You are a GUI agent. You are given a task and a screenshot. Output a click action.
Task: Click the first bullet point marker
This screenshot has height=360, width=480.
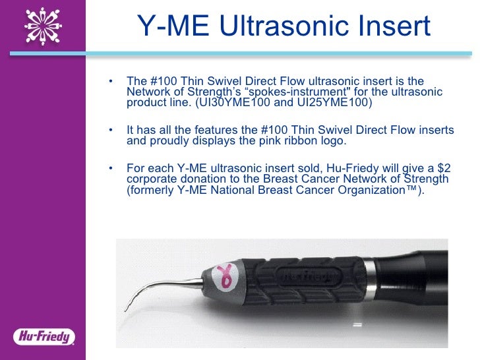(110, 81)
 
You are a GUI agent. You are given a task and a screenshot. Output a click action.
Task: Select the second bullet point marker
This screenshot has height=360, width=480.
(110, 130)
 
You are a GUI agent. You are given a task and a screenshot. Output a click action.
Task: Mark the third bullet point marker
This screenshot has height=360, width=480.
(110, 168)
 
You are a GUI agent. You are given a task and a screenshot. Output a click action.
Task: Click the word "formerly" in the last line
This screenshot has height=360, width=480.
(150, 191)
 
